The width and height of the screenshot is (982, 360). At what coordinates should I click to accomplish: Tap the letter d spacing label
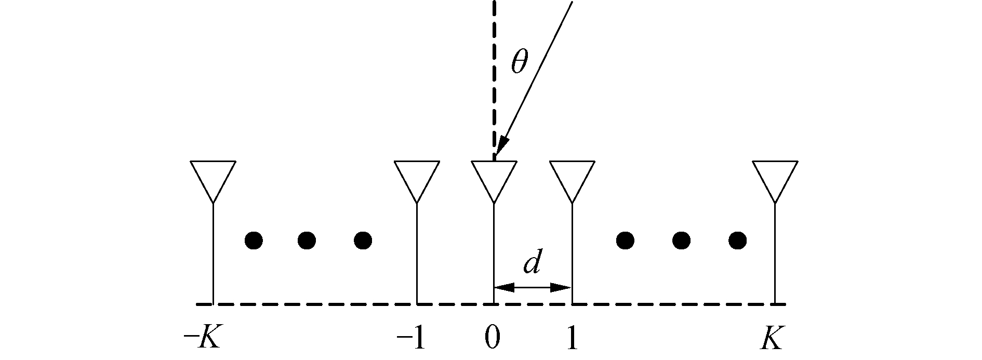point(533,264)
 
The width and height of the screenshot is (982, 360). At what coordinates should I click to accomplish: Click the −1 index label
point(411,339)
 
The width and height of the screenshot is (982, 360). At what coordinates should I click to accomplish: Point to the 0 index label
point(493,339)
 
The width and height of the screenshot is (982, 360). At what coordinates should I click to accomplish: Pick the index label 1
point(572,339)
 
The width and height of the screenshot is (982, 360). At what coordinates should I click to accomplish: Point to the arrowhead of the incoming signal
point(502,145)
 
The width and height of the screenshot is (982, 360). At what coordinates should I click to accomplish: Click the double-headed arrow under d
point(533,287)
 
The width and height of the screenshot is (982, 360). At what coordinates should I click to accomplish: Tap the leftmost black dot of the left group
point(254,240)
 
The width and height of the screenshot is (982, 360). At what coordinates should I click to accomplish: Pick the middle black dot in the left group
point(307,240)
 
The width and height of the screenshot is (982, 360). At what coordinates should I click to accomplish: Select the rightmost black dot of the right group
point(738,240)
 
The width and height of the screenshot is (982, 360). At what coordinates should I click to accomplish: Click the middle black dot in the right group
point(681,240)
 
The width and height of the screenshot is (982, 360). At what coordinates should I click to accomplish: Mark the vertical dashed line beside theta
point(494,78)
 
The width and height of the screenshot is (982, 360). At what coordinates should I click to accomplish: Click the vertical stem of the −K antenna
point(213,255)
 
